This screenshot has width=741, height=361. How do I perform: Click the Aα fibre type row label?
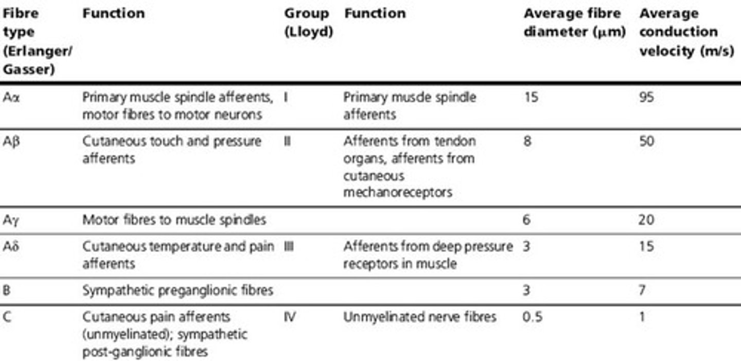pyautogui.click(x=11, y=97)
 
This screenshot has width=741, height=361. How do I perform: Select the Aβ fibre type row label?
pyautogui.click(x=11, y=141)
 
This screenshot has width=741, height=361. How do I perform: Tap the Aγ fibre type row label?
pyautogui.click(x=11, y=221)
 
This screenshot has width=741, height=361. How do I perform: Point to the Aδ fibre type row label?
pyautogui.click(x=11, y=246)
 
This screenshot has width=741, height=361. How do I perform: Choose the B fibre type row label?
pyautogui.click(x=7, y=291)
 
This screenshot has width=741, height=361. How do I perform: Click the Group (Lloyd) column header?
pyautogui.click(x=308, y=23)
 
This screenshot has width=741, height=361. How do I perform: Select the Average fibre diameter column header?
pyautogui.click(x=574, y=23)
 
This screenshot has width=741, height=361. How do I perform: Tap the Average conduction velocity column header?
pyautogui.click(x=686, y=31)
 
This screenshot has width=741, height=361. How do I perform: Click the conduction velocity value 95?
pyautogui.click(x=646, y=97)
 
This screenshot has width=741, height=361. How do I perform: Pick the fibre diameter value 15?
pyautogui.click(x=531, y=97)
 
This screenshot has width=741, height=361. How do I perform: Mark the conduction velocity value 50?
pyautogui.click(x=647, y=141)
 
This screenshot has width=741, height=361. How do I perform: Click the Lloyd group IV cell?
pyautogui.click(x=290, y=317)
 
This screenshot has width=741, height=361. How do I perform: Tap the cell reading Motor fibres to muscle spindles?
pyautogui.click(x=174, y=221)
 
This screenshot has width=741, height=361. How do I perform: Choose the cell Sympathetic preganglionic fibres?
pyautogui.click(x=178, y=291)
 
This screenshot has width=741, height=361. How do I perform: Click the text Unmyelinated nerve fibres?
pyautogui.click(x=419, y=317)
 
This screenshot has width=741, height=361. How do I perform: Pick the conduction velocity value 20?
pyautogui.click(x=647, y=221)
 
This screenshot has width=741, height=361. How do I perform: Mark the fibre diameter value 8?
pyautogui.click(x=527, y=141)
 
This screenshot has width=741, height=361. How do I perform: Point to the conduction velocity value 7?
pyautogui.click(x=643, y=291)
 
